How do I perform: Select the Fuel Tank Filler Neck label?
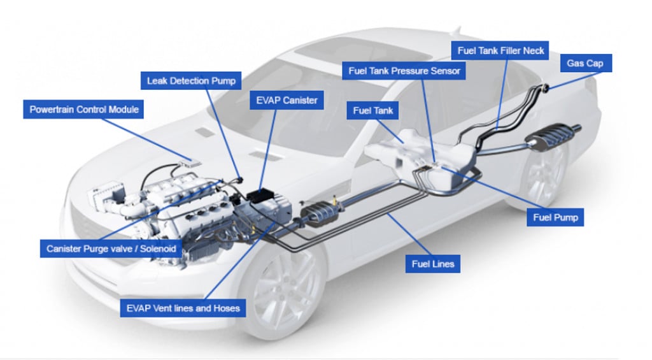tap(500, 49)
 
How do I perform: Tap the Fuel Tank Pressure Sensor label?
tap(404, 71)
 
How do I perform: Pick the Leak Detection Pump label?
tap(191, 81)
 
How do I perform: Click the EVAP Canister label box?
tap(287, 100)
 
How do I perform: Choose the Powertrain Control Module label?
tap(83, 109)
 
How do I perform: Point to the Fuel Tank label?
tap(373, 110)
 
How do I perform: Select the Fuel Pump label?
tap(556, 218)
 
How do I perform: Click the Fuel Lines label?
tap(433, 263)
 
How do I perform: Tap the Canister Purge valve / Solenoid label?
tap(111, 248)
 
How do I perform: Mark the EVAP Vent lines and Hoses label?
tap(182, 308)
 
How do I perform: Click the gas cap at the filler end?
tap(544, 87)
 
